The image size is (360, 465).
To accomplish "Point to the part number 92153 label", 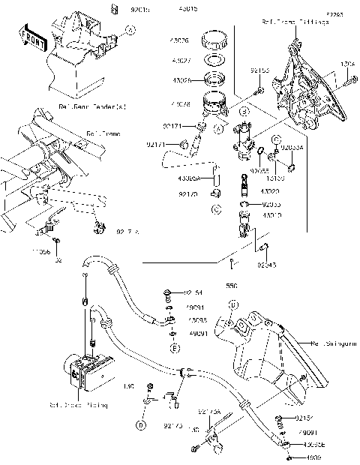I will coord(259,70).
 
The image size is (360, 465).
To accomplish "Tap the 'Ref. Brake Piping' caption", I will coord(79,404).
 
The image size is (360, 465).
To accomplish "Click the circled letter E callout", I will coord(174,349).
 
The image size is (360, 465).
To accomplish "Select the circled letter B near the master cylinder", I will coord(244,112).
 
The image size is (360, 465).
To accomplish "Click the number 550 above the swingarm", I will coord(232,286).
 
